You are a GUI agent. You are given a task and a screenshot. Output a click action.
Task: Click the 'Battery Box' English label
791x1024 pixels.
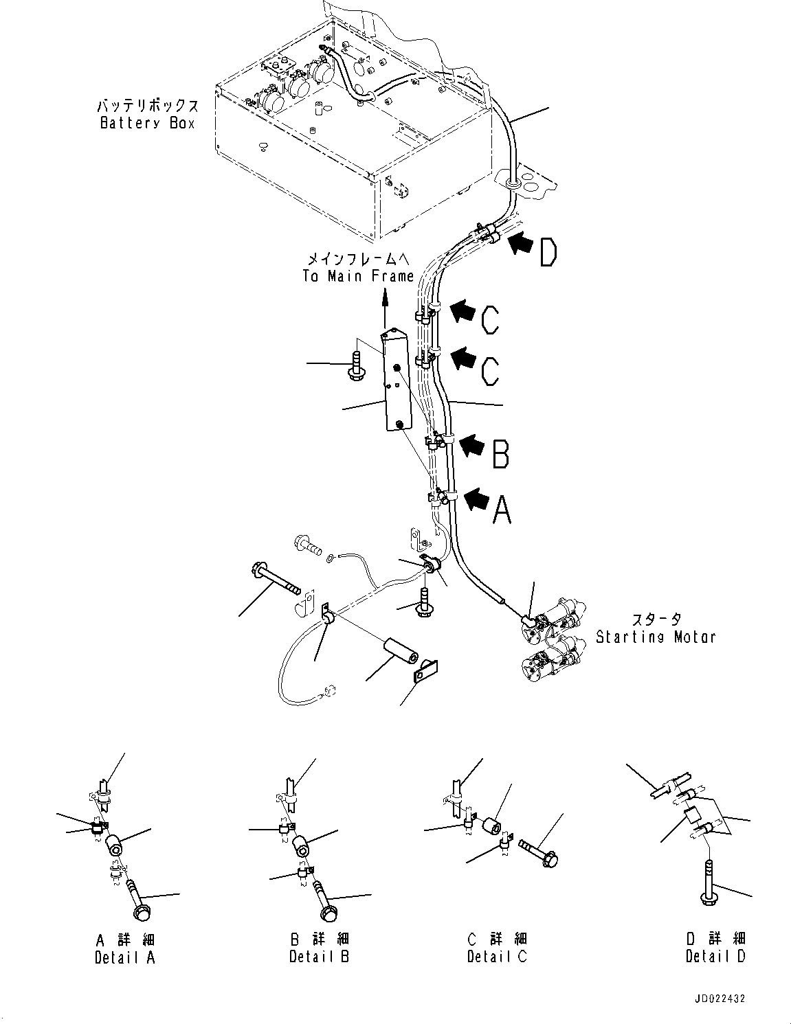[147, 124]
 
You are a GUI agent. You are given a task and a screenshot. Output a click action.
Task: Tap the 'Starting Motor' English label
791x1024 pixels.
[655, 637]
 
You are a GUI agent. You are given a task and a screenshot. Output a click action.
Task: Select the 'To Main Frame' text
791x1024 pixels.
[358, 276]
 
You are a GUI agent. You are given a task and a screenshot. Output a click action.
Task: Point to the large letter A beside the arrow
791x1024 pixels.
[502, 510]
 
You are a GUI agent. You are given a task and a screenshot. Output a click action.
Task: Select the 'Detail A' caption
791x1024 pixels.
[124, 957]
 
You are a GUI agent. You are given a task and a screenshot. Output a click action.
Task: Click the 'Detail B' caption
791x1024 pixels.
[319, 956]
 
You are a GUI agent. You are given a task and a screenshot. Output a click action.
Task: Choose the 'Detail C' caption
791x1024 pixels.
[497, 956]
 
